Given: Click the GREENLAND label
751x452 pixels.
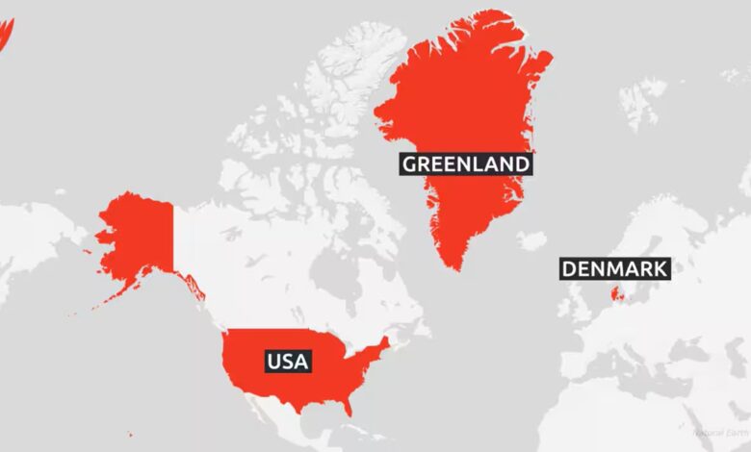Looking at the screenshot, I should pos(465,164).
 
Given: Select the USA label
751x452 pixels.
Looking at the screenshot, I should pos(288,362).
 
